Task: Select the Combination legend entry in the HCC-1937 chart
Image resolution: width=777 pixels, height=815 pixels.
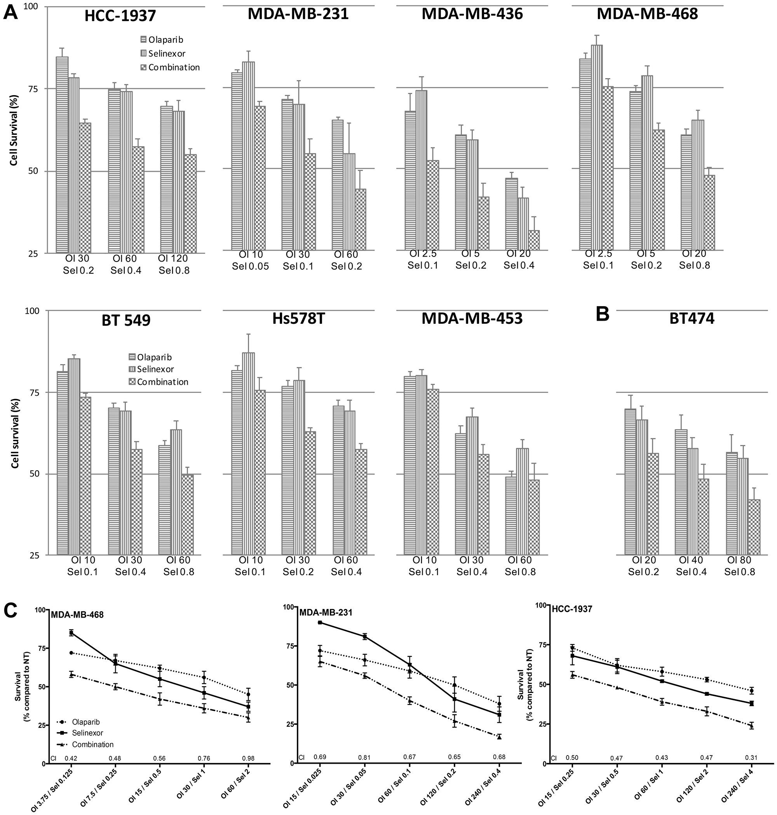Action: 170,67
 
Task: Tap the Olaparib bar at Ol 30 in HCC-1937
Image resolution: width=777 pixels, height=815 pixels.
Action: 62,154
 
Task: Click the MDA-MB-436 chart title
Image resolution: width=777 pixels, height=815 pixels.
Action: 472,14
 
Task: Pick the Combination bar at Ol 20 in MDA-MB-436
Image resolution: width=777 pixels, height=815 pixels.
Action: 534,240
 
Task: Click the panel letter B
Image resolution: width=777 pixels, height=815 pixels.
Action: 602,315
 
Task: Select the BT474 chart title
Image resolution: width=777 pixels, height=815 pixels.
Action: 692,318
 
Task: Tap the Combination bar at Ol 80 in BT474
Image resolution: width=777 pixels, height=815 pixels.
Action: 754,527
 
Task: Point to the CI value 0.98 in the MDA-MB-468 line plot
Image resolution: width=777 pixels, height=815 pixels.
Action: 248,759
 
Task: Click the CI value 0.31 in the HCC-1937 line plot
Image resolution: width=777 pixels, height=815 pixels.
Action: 751,758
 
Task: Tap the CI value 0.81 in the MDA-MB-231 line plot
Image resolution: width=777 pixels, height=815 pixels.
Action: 364,758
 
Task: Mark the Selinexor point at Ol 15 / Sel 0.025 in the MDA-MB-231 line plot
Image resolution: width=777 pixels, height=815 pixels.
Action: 320,622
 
